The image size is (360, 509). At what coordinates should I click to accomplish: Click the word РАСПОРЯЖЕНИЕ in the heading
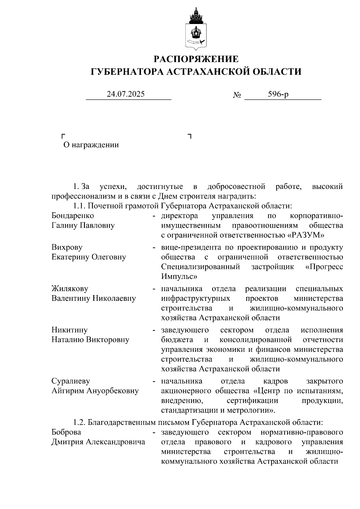coord(196,59)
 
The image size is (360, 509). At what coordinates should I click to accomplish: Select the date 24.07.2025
coord(126,94)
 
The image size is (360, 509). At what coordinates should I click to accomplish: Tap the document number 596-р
coord(278,94)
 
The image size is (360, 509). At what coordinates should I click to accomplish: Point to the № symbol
coord(237,95)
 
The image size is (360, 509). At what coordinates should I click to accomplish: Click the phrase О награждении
coord(91,145)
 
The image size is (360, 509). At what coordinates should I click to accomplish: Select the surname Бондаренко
coord(73,216)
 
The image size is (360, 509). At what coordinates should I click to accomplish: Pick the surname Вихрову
coord(67,247)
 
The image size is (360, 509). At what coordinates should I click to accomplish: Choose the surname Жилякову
coord(70,289)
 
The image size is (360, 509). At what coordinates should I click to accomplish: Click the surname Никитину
coord(70,330)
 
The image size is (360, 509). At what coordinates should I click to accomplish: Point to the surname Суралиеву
coord(71,381)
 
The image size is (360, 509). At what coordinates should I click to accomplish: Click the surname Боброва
coord(66,432)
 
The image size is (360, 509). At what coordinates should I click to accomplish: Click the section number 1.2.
coord(79,422)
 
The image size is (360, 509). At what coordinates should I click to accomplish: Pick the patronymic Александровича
coord(115,442)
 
